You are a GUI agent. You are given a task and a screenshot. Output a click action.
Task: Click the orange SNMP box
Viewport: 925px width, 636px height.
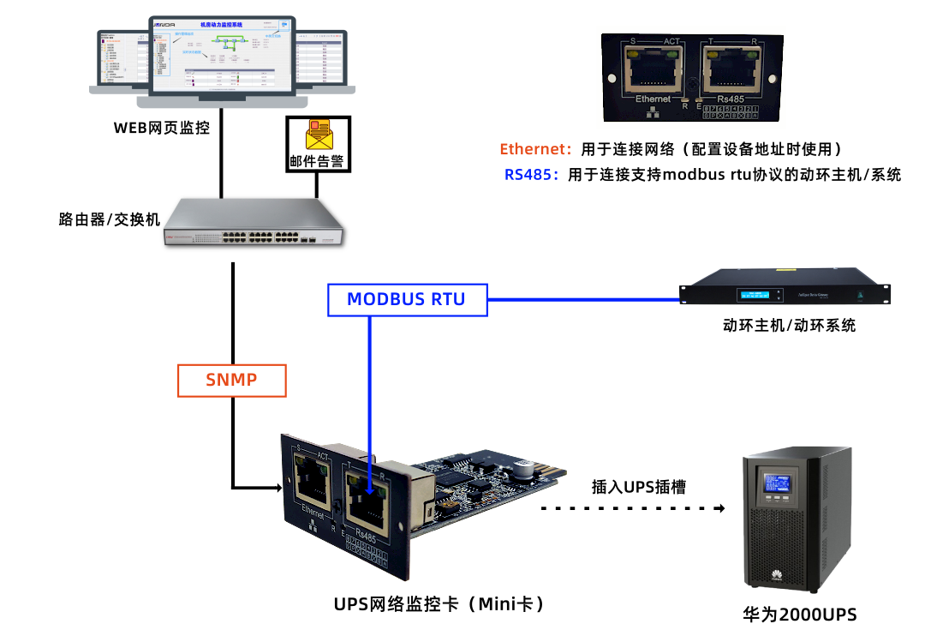tap(231, 380)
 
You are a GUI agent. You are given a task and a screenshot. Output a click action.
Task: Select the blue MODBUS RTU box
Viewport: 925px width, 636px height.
tap(406, 299)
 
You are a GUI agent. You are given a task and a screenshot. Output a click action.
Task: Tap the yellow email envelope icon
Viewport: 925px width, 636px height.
tap(318, 135)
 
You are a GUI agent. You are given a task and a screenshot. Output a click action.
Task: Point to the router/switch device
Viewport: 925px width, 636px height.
tap(256, 222)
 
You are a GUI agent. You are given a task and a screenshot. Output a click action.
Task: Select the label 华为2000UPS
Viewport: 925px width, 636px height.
tap(799, 615)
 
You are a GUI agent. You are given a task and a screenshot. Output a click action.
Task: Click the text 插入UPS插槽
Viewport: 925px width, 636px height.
tap(639, 486)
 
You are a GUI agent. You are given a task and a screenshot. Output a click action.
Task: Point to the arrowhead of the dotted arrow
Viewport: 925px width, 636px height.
tap(719, 507)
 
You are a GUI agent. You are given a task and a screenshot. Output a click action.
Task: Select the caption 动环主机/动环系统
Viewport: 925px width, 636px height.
tap(789, 326)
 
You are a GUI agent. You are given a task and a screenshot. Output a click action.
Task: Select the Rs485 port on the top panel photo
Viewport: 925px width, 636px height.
tap(730, 71)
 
